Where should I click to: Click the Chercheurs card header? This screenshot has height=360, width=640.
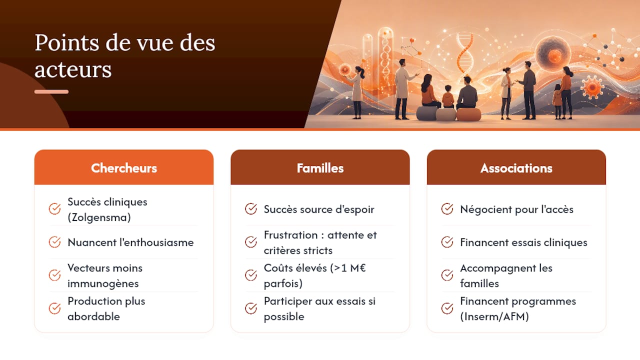point(123,167)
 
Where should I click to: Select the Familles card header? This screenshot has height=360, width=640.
point(320,167)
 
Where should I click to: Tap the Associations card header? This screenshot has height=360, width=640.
point(516,167)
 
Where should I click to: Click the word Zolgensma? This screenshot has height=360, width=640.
point(99,217)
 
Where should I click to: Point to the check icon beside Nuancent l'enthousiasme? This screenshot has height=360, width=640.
point(54,242)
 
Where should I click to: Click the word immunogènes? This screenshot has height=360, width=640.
point(103,283)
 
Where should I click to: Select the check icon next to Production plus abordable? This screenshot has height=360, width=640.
point(54,308)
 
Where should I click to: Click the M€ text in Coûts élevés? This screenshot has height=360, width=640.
point(357,268)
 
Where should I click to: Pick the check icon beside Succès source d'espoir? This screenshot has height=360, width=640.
point(251,209)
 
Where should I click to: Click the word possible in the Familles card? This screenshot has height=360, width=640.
point(284,316)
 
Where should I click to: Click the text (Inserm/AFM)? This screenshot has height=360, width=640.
point(494,316)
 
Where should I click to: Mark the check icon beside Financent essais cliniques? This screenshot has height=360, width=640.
point(447,242)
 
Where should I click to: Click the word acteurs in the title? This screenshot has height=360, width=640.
point(73,69)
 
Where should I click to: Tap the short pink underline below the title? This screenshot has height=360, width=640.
point(51,91)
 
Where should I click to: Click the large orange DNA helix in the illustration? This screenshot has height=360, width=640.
point(465,53)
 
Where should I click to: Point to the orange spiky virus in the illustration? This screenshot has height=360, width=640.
point(592,87)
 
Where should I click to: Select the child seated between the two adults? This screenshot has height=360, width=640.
point(448,97)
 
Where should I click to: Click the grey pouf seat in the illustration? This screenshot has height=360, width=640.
point(426,113)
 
